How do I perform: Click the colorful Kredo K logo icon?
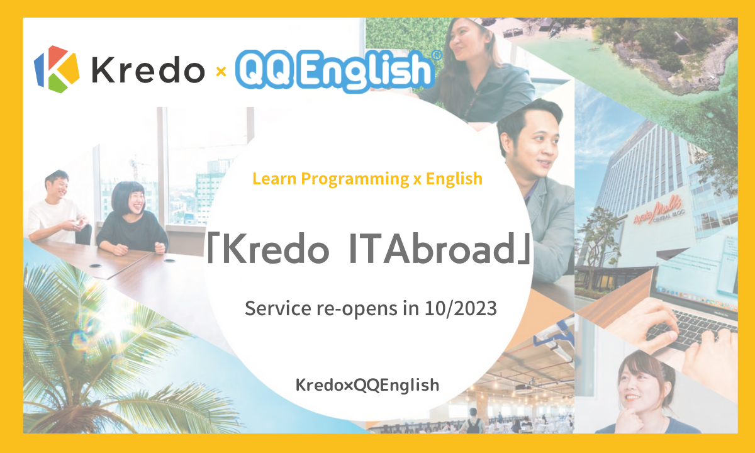57,69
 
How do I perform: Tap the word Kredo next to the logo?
148,69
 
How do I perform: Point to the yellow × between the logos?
221,72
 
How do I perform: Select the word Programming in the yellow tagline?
355,179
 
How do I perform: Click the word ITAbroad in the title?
432,249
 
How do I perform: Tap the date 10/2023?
461,308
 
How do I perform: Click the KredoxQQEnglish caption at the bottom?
367,385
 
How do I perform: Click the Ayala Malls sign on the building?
657,212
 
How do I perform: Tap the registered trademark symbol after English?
437,55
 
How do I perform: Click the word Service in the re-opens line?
277,308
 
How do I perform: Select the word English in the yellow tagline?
454,179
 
